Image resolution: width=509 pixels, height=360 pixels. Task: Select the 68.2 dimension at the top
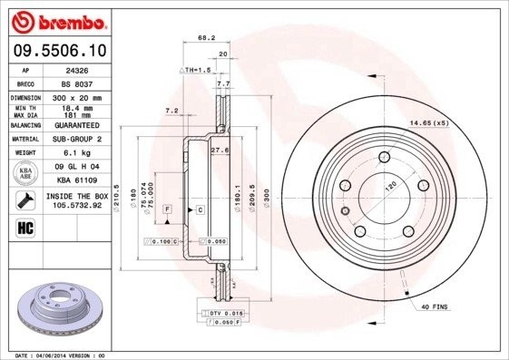pyautogui.click(x=206, y=38)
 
